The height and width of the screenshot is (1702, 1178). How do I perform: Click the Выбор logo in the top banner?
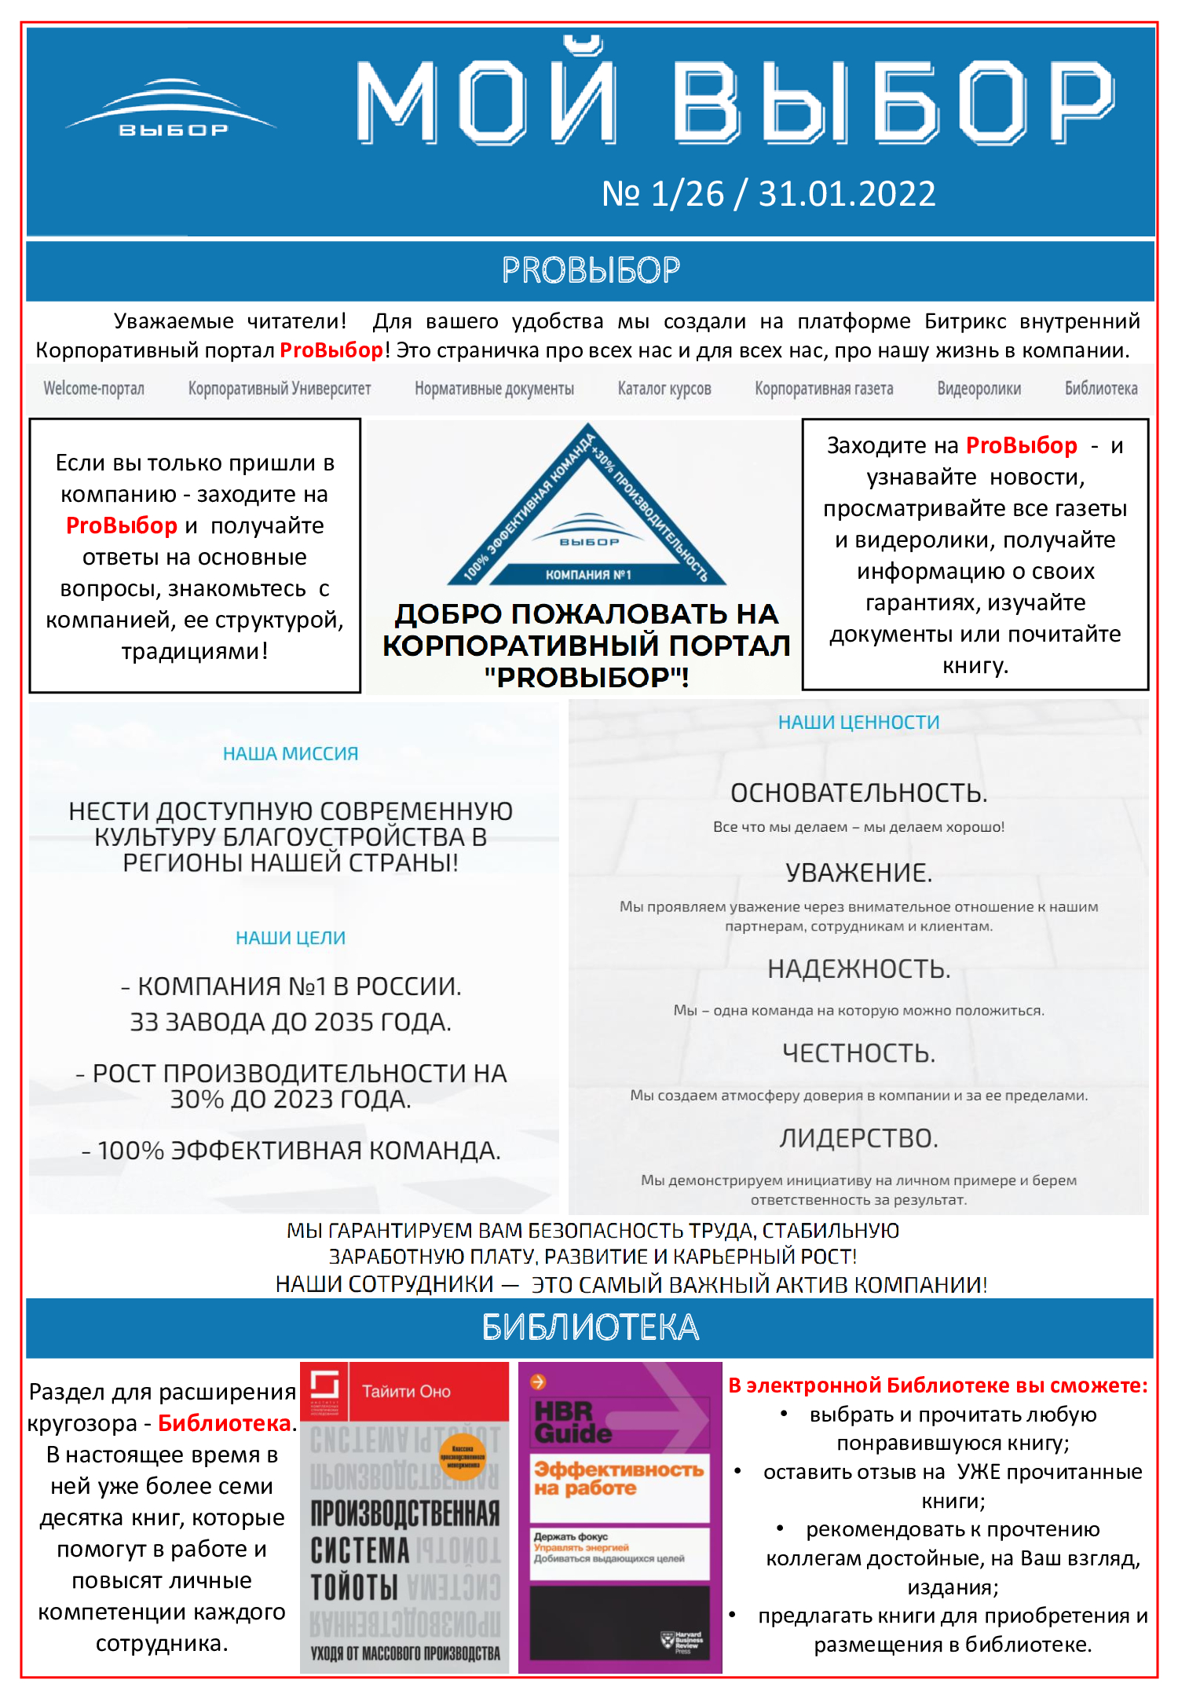(x=172, y=110)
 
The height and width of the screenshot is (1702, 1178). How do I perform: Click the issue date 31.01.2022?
(x=847, y=194)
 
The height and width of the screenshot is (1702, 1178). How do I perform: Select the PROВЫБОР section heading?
(x=591, y=270)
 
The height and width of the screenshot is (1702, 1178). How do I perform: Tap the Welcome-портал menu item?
(x=93, y=389)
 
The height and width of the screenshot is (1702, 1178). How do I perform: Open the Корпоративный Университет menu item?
(x=279, y=389)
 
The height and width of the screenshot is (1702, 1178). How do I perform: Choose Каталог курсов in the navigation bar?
(x=664, y=389)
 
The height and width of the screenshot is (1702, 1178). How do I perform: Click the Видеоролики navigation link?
(x=979, y=389)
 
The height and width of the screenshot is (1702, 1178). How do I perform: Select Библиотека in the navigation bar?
(x=1100, y=389)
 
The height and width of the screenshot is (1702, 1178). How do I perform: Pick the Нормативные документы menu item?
(x=494, y=389)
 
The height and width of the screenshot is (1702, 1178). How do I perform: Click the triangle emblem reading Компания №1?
(x=587, y=518)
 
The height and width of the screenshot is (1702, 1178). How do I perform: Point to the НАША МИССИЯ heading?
(x=291, y=754)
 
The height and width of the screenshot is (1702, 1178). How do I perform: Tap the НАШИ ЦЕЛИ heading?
(x=291, y=938)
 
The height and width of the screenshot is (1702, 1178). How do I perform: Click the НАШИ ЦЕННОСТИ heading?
(x=858, y=723)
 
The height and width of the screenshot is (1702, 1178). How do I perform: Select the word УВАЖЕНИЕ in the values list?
(x=858, y=873)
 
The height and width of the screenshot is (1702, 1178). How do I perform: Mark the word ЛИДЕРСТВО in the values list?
(x=858, y=1138)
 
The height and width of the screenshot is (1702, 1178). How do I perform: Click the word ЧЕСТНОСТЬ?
(x=858, y=1053)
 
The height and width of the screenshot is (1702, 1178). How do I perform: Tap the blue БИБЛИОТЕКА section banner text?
(x=591, y=1327)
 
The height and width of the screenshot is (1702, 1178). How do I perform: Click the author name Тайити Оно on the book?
(x=406, y=1392)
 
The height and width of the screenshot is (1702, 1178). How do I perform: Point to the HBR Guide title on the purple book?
(x=573, y=1422)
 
